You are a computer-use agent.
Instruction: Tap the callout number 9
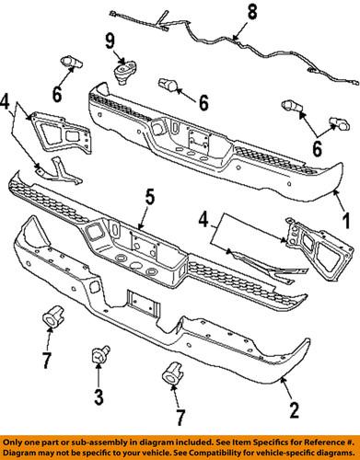click(x=110, y=41)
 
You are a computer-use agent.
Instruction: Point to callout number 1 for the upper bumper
click(x=346, y=221)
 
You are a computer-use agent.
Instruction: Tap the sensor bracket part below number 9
click(x=122, y=73)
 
